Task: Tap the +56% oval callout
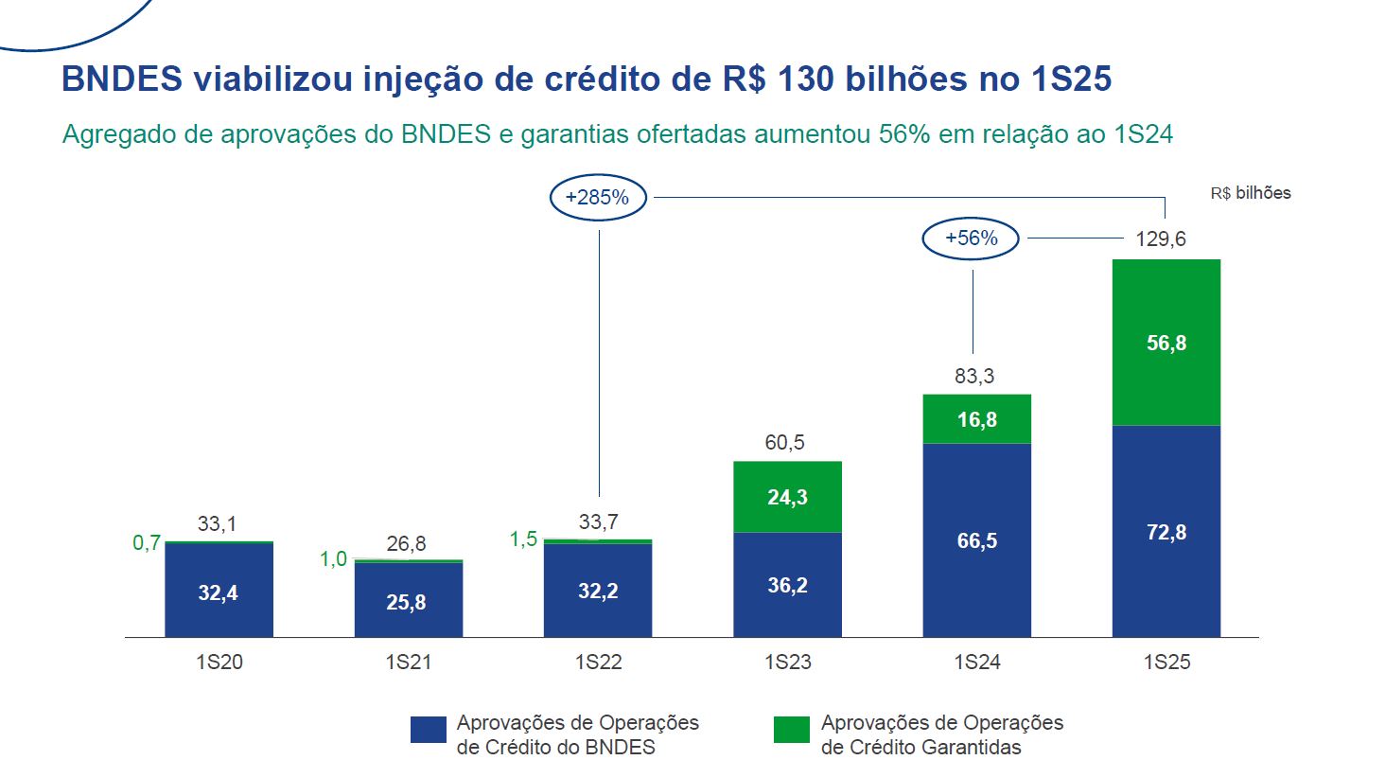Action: tap(972, 239)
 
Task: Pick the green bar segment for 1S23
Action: tap(787, 497)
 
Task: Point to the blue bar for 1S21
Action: tap(409, 599)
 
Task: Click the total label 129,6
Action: tap(1161, 239)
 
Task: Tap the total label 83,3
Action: tap(974, 376)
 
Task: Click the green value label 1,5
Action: tap(523, 539)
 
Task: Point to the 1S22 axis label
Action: tap(598, 663)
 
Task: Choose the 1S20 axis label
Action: tap(219, 663)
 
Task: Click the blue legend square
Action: tap(428, 730)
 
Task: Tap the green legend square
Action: tap(792, 730)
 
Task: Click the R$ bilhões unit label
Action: tap(1250, 193)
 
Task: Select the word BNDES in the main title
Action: tap(121, 80)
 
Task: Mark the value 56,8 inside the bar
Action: tap(1166, 343)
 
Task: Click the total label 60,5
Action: tap(784, 443)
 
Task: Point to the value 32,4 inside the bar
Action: tap(219, 593)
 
